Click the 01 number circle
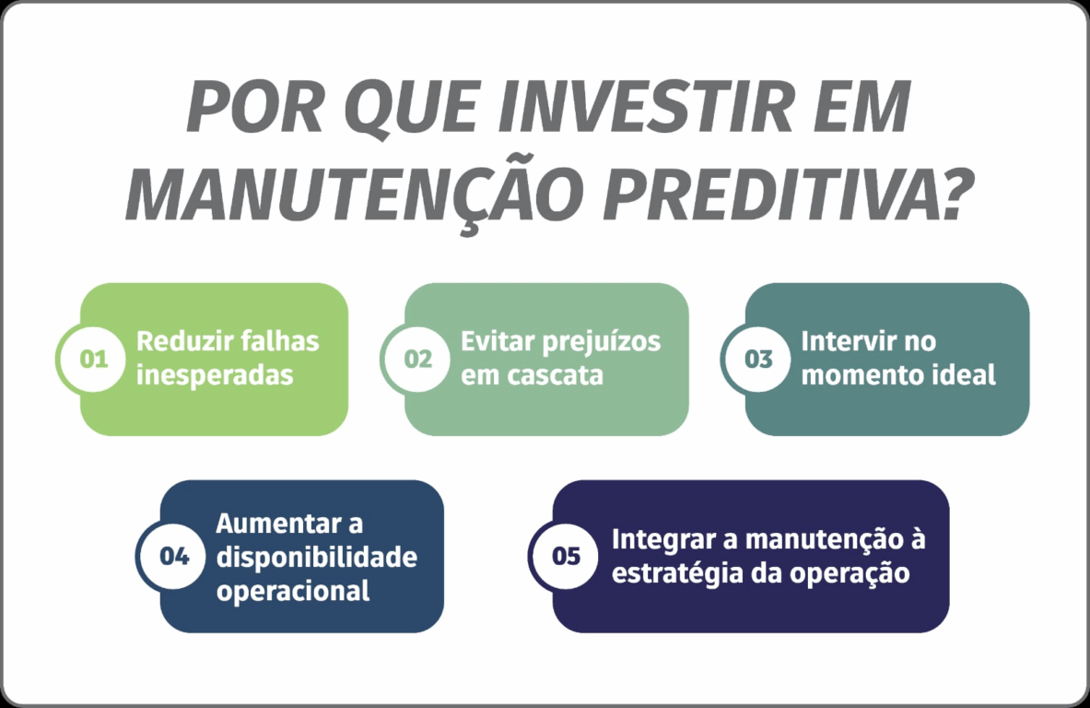coord(93,359)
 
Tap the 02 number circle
coord(417,359)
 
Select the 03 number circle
coord(758,359)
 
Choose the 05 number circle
coord(566,557)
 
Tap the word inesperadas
coord(215,375)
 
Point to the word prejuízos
coord(601,342)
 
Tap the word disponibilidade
coord(317,557)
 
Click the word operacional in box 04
coord(293,592)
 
